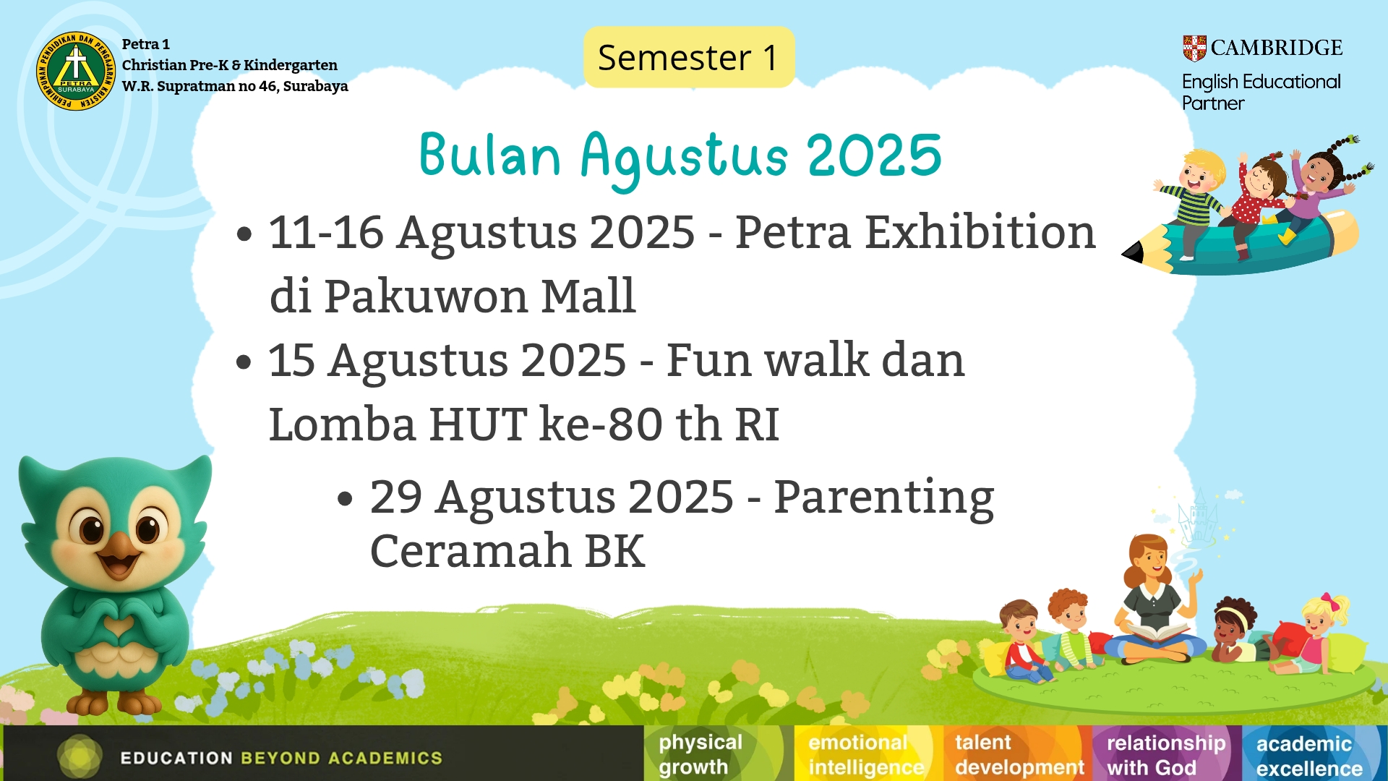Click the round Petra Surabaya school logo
pyautogui.click(x=76, y=71)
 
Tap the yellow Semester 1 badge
pyautogui.click(x=689, y=57)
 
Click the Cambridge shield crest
pyautogui.click(x=1194, y=48)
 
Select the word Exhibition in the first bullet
pyautogui.click(x=980, y=232)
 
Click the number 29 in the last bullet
pyautogui.click(x=396, y=497)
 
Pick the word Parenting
pyautogui.click(x=884, y=499)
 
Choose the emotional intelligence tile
pyautogui.click(x=867, y=754)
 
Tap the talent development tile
pyautogui.click(x=1017, y=754)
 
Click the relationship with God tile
pyautogui.click(x=1166, y=754)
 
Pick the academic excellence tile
pyautogui.click(x=1314, y=754)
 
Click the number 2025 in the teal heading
pyautogui.click(x=875, y=155)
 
